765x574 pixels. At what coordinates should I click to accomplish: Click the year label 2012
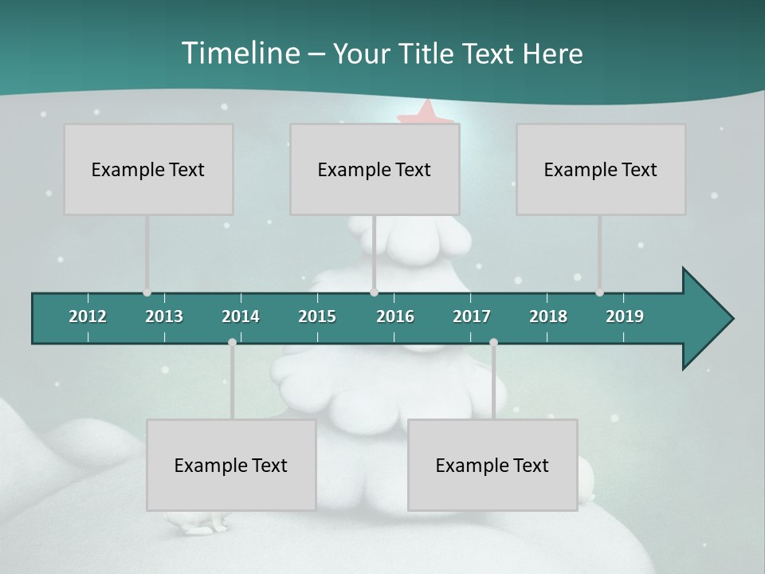pos(88,316)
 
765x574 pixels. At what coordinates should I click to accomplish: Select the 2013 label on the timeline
pos(164,316)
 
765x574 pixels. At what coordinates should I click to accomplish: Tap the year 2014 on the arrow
pos(241,316)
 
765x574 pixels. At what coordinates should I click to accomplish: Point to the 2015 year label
pos(317,316)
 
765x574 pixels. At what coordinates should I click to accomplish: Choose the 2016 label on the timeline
pos(395,316)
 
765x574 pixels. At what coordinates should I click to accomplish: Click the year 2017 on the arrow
pos(472,316)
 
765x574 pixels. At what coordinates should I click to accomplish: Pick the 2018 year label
pos(548,316)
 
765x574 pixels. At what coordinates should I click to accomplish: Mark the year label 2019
pos(625,316)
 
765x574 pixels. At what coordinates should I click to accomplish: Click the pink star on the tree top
pos(426,112)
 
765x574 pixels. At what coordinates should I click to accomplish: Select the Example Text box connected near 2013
pos(148,169)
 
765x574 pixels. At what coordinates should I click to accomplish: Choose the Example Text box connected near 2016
pos(375,169)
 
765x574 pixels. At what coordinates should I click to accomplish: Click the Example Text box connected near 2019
pos(601,169)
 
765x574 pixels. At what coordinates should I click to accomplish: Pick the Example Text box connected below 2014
pos(231,465)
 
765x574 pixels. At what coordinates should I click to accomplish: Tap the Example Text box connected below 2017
pos(492,465)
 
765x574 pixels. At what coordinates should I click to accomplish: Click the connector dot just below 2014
pos(232,342)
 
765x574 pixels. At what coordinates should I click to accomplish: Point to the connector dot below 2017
pos(493,342)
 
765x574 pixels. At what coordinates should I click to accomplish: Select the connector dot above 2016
pos(374,293)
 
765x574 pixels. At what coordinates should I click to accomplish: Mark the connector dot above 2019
pos(599,293)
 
